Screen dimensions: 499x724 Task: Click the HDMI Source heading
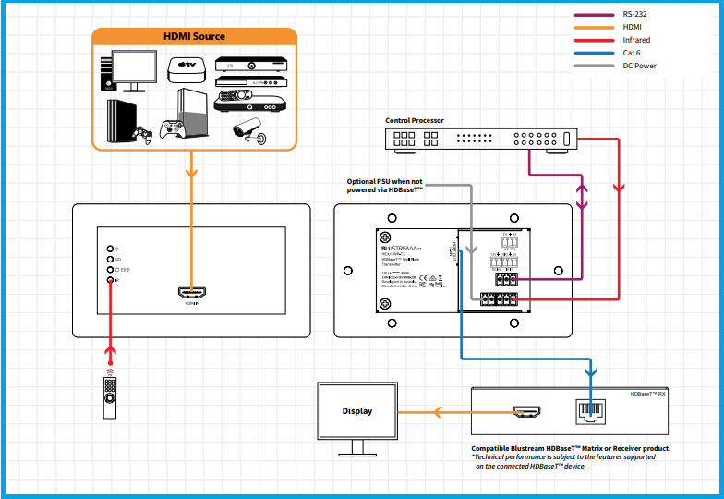[x=194, y=37]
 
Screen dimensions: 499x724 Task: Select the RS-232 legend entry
[x=635, y=14]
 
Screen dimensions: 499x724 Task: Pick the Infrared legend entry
[x=636, y=40]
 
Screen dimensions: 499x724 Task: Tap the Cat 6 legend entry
[x=632, y=53]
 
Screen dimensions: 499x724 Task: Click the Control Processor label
[x=415, y=121]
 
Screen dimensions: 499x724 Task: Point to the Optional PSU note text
[x=384, y=185]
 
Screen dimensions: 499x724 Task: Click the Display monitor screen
[x=357, y=411]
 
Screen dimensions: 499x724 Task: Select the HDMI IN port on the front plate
[x=192, y=293]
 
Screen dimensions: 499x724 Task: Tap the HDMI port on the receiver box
[x=527, y=411]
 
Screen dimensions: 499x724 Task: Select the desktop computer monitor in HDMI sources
[x=137, y=69]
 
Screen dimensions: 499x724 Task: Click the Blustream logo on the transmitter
[x=401, y=249]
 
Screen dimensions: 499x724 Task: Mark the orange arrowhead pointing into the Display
[x=404, y=411]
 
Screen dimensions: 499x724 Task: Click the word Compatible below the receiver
[x=498, y=448]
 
